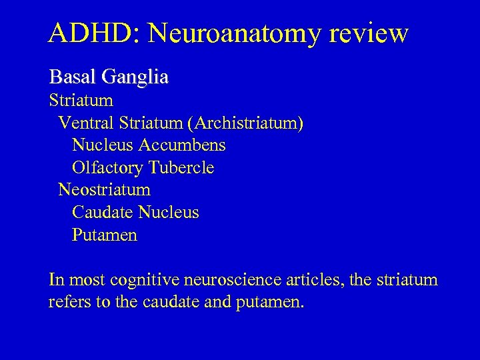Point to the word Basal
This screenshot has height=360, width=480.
(73, 77)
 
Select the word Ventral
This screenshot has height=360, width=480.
(86, 123)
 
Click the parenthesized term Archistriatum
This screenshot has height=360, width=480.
(246, 123)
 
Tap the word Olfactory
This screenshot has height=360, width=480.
(108, 167)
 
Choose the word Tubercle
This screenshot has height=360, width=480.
(182, 167)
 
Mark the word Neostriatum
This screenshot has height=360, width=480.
(105, 190)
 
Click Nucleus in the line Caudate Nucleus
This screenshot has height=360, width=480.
(168, 213)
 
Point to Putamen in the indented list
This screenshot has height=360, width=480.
(105, 235)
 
